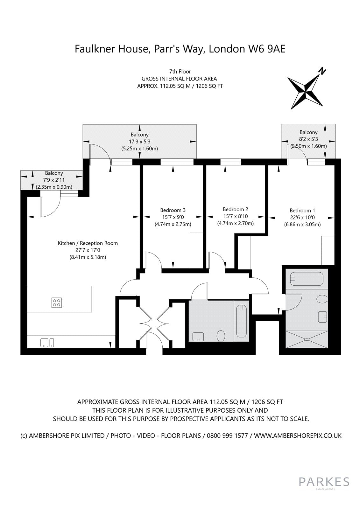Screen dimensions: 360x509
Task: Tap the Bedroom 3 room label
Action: [173, 210]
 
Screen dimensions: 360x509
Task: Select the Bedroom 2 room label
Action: [235, 209]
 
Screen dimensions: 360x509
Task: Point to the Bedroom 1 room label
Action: [302, 210]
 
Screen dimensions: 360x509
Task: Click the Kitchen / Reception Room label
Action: [88, 243]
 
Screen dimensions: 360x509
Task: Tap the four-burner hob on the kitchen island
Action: [56, 303]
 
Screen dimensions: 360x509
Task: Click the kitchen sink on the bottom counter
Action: [47, 343]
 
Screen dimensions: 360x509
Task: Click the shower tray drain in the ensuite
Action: [307, 340]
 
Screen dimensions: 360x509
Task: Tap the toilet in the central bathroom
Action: [221, 336]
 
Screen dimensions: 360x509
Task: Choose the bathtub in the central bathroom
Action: [242, 321]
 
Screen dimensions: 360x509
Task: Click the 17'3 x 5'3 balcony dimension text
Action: [140, 142]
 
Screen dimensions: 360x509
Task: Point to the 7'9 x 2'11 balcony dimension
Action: [54, 180]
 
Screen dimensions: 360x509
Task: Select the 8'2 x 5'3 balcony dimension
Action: [308, 139]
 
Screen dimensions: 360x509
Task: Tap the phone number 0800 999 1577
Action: [227, 436]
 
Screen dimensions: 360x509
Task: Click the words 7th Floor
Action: [180, 72]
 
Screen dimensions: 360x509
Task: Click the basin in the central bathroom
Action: [198, 337]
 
